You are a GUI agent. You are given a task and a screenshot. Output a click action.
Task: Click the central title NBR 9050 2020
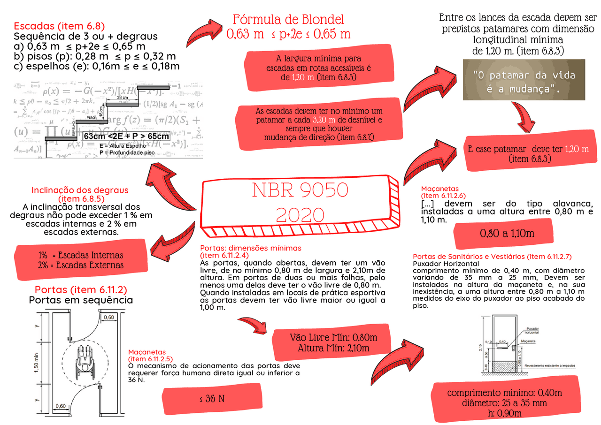coord(300,203)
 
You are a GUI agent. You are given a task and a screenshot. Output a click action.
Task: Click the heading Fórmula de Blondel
coord(288,20)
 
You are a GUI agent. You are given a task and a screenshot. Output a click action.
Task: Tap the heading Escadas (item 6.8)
coord(59,26)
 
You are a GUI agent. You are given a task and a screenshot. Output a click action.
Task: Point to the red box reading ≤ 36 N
coord(212,399)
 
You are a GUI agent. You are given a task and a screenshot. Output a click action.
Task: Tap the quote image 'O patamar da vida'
coord(524,80)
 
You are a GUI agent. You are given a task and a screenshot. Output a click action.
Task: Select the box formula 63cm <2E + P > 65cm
coord(126,136)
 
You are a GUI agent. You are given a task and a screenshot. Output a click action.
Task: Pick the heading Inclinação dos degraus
coord(79,190)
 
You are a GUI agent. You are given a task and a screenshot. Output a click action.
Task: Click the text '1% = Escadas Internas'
coord(81,255)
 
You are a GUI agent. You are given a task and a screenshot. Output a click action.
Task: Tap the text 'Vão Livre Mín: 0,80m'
coord(333,338)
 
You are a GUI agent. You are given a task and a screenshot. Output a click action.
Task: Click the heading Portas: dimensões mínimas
coord(251,248)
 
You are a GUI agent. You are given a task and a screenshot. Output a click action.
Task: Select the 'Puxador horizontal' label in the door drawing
coord(532,330)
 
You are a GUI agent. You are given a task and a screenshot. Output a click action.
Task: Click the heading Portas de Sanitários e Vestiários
coord(492,257)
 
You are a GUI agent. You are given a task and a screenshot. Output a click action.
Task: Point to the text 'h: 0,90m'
coord(504,413)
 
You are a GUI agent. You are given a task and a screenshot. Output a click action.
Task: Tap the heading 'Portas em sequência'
coord(81,300)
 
